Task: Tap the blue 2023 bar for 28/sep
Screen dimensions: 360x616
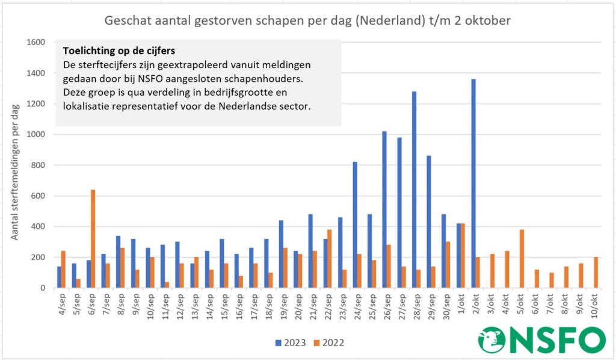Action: (x=414, y=190)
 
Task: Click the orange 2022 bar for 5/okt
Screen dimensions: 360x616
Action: (x=521, y=259)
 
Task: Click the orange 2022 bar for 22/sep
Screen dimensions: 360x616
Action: (x=330, y=259)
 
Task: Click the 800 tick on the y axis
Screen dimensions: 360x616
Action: (x=39, y=165)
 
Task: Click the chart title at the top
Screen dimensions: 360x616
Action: (x=307, y=21)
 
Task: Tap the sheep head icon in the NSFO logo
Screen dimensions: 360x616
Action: (x=492, y=340)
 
